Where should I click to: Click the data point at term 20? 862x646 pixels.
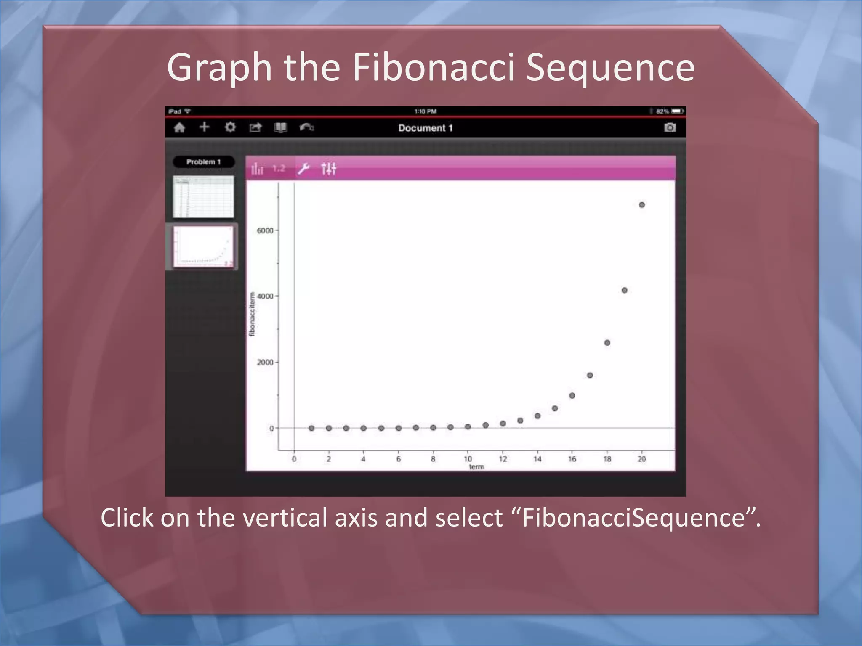(641, 205)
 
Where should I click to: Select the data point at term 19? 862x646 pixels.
(624, 290)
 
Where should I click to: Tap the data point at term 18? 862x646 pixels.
(607, 343)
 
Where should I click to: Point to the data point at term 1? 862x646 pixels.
(311, 428)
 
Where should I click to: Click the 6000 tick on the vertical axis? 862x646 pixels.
(265, 230)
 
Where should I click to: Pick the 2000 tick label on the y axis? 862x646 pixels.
(265, 362)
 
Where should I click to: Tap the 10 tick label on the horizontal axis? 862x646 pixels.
(468, 459)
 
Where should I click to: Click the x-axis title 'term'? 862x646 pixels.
(476, 467)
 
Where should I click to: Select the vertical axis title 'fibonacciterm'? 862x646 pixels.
(252, 314)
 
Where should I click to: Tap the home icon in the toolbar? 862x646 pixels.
(180, 127)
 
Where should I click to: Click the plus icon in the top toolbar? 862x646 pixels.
(204, 127)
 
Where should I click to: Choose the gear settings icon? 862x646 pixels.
(230, 127)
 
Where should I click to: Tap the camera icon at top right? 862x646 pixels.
(670, 127)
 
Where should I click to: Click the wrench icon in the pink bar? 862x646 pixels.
(303, 169)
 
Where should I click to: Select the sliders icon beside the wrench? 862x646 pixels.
(328, 169)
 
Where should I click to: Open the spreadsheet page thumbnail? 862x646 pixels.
(203, 197)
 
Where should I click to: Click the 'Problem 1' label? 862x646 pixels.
(203, 162)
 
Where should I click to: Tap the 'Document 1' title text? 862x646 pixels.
(425, 128)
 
